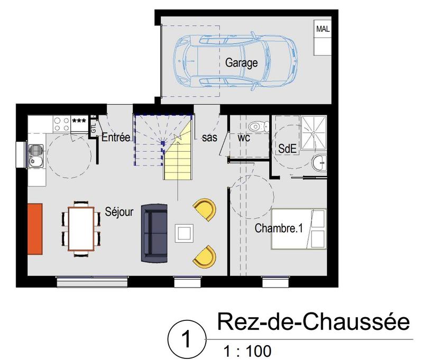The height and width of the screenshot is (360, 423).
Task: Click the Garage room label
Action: tap(242, 63)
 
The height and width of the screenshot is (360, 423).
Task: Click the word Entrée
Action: tap(116, 137)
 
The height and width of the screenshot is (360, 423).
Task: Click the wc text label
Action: tap(244, 137)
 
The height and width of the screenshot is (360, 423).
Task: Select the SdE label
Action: tap(287, 149)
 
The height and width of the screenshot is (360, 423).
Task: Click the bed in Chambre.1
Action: tap(299, 228)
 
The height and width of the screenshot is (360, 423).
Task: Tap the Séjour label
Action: tap(119, 211)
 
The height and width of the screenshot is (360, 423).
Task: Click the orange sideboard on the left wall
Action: tap(35, 228)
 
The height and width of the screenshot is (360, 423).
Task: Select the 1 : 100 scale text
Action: tap(244, 349)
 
